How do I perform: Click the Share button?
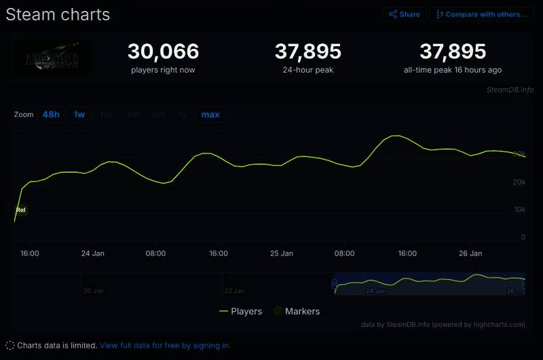(x=405, y=14)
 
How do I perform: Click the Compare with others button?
(x=481, y=14)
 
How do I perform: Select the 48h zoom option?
(x=51, y=114)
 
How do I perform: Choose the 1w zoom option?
(x=79, y=114)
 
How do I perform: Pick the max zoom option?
(x=210, y=114)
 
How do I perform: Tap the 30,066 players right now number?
(x=163, y=52)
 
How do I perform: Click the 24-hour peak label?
(x=307, y=70)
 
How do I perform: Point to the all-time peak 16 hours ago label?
(x=453, y=70)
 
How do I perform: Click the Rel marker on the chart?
(x=21, y=210)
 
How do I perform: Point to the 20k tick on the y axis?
(x=519, y=182)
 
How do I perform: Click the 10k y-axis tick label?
(x=519, y=210)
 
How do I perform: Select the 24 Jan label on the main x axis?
(x=92, y=253)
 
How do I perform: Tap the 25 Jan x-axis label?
(x=281, y=253)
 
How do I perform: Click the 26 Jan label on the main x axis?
(x=470, y=253)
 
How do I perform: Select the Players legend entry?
(x=241, y=311)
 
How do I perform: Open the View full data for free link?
(x=165, y=345)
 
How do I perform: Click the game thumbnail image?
(x=52, y=57)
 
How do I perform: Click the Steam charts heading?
(x=58, y=14)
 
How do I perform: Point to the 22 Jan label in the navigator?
(x=234, y=291)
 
